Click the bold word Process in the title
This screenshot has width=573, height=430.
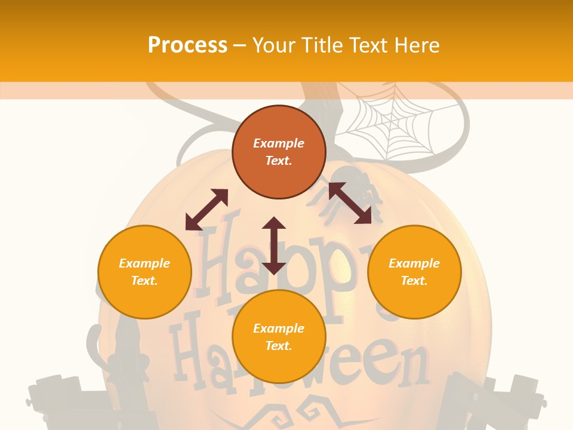coord(187,45)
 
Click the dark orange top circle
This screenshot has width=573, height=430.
coord(279,152)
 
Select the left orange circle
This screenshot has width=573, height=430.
coord(144,272)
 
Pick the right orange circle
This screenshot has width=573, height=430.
coord(414,272)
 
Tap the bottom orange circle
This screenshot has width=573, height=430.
coord(279,337)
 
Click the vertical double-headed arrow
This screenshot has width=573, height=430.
coord(273,245)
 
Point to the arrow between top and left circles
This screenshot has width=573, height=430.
coord(207,210)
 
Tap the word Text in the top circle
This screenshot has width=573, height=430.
coord(278,161)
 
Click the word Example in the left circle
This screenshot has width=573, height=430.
coord(144,263)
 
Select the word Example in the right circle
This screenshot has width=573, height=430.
coord(414,263)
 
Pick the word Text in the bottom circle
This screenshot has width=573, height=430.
coord(278,346)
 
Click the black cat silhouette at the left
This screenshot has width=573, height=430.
coord(122,352)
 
